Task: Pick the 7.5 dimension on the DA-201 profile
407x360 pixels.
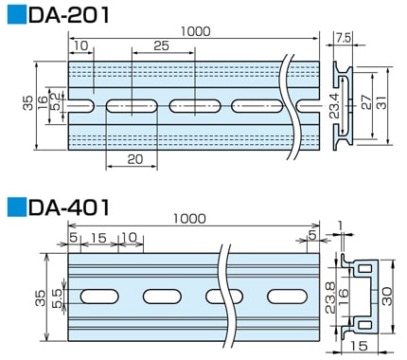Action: tap(344, 39)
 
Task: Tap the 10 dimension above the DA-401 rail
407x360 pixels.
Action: tap(129, 238)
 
